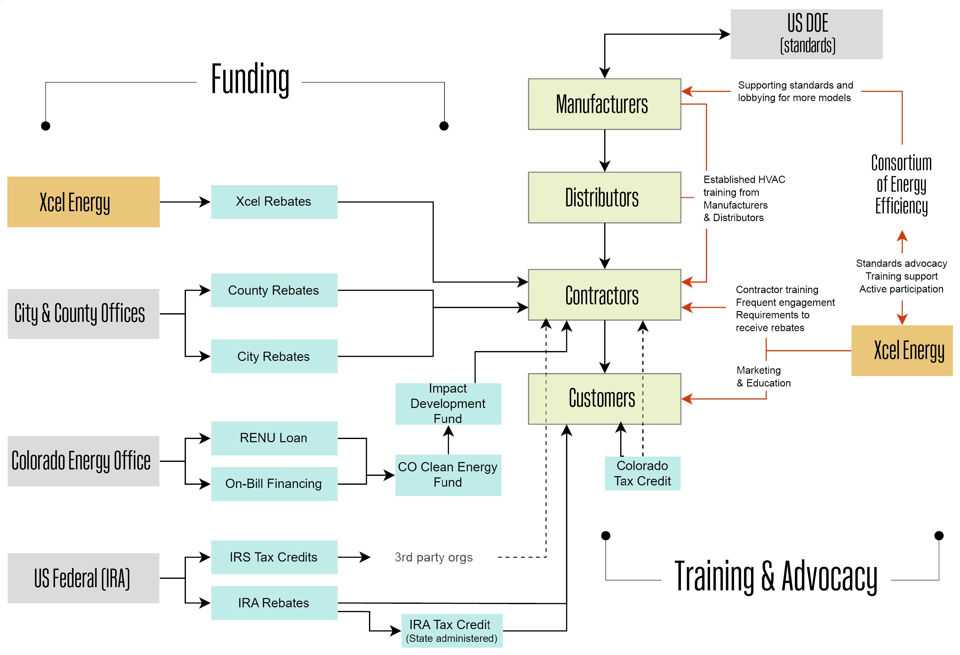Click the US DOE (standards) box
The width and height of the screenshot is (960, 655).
806,34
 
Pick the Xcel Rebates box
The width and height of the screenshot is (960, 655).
274,202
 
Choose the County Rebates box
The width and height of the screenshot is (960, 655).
274,290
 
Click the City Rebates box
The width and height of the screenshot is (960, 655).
274,356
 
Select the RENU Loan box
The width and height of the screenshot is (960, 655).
274,438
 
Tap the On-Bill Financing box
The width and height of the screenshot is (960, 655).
274,483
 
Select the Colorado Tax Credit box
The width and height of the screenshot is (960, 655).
642,473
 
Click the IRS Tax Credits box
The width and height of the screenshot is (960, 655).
274,557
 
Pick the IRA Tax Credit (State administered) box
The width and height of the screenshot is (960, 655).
452,631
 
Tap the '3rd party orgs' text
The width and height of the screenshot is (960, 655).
433,557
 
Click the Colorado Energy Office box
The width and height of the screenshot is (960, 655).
83,461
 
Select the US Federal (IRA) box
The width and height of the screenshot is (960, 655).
83,578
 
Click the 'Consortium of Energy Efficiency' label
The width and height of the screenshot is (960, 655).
901,185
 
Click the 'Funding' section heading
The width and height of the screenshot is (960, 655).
250,79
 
